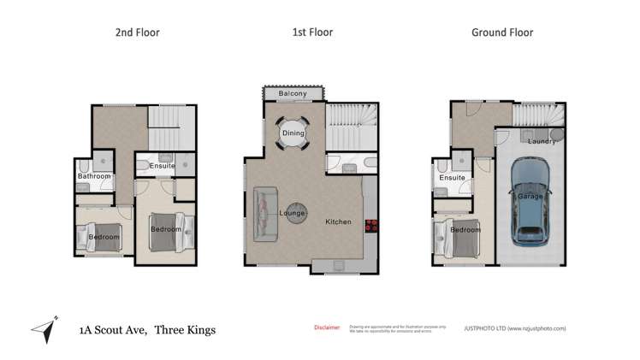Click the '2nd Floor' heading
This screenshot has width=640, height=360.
pos(138,32)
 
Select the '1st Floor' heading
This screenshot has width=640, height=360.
pos(311,32)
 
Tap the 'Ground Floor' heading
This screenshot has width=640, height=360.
pos(502,32)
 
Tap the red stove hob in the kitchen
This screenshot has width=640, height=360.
pos(372,226)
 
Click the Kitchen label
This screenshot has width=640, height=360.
pos(338,222)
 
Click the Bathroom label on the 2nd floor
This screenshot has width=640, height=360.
pos(94,177)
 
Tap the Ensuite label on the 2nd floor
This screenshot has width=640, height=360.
pos(161,166)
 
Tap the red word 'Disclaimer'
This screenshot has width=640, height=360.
pos(328,327)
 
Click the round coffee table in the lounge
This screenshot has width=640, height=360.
pos(295,212)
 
